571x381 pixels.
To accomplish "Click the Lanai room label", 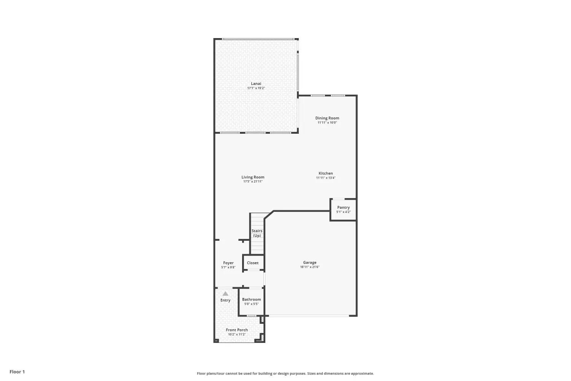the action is coord(256,83).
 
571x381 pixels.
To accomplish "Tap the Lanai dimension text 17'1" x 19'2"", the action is coord(256,88).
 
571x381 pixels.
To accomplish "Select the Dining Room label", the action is coord(327,118).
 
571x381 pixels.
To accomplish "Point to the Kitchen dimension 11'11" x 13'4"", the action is coord(326,178).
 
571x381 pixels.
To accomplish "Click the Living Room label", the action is coord(253,177).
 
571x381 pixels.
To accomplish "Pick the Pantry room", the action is coord(343,210).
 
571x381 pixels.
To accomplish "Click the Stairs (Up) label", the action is coord(257,233).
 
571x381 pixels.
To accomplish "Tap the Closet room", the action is coord(253,263).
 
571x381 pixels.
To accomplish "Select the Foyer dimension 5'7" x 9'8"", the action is coord(228,267).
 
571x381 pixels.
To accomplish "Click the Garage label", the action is coord(310,263).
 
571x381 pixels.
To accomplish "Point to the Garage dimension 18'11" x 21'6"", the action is coord(310,267).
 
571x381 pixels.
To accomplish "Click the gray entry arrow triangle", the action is coord(225,293).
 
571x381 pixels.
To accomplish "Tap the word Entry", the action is coord(225,300).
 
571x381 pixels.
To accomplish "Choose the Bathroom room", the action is coord(251,301).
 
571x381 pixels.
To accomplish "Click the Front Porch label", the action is coord(237,330).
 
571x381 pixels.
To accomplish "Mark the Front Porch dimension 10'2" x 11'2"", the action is coord(237,334).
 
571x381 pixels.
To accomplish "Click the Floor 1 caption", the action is coord(17,372).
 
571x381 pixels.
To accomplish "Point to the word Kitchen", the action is coord(326,173).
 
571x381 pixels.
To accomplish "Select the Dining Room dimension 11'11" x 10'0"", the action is coord(327,123).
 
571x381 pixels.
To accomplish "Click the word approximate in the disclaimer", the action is coord(362,374).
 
